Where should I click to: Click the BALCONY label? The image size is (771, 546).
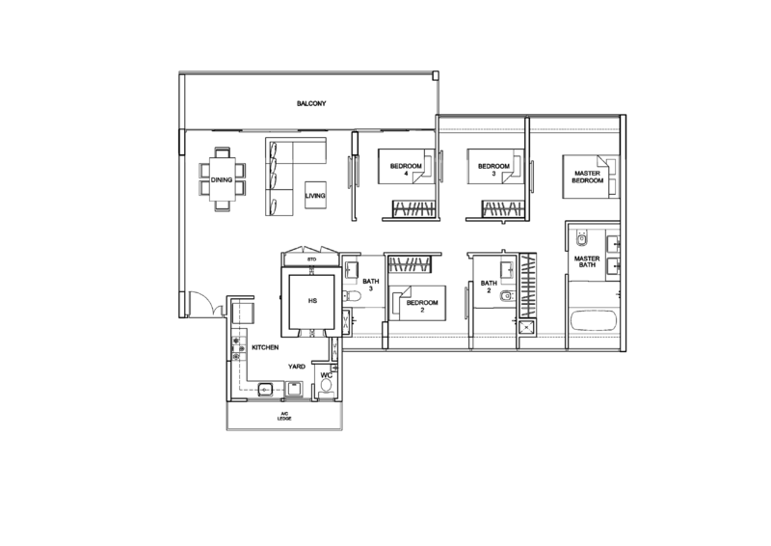coord(311,103)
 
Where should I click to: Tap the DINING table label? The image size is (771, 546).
coord(222,180)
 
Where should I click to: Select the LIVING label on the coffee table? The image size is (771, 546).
coord(315,196)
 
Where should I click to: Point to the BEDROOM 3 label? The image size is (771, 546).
coord(493,170)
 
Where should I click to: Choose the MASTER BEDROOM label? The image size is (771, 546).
coord(588,177)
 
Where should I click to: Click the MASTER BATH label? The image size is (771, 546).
coord(587,261)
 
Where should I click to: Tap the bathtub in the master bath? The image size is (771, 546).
coord(594,321)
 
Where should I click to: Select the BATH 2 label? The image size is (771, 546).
coord(489,287)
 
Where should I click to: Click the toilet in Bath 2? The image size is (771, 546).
coord(507,296)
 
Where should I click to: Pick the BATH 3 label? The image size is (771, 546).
coord(371,286)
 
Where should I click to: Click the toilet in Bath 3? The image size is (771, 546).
coord(352,296)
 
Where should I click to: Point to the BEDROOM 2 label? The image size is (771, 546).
coord(422,306)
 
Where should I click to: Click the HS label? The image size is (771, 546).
coord(312,301)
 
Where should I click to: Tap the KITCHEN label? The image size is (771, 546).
coord(266,347)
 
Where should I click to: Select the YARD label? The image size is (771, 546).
coord(297,367)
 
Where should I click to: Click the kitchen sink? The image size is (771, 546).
coord(265,390)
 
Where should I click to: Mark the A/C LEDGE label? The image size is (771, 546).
coord(284,416)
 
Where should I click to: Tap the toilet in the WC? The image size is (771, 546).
coord(325,391)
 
